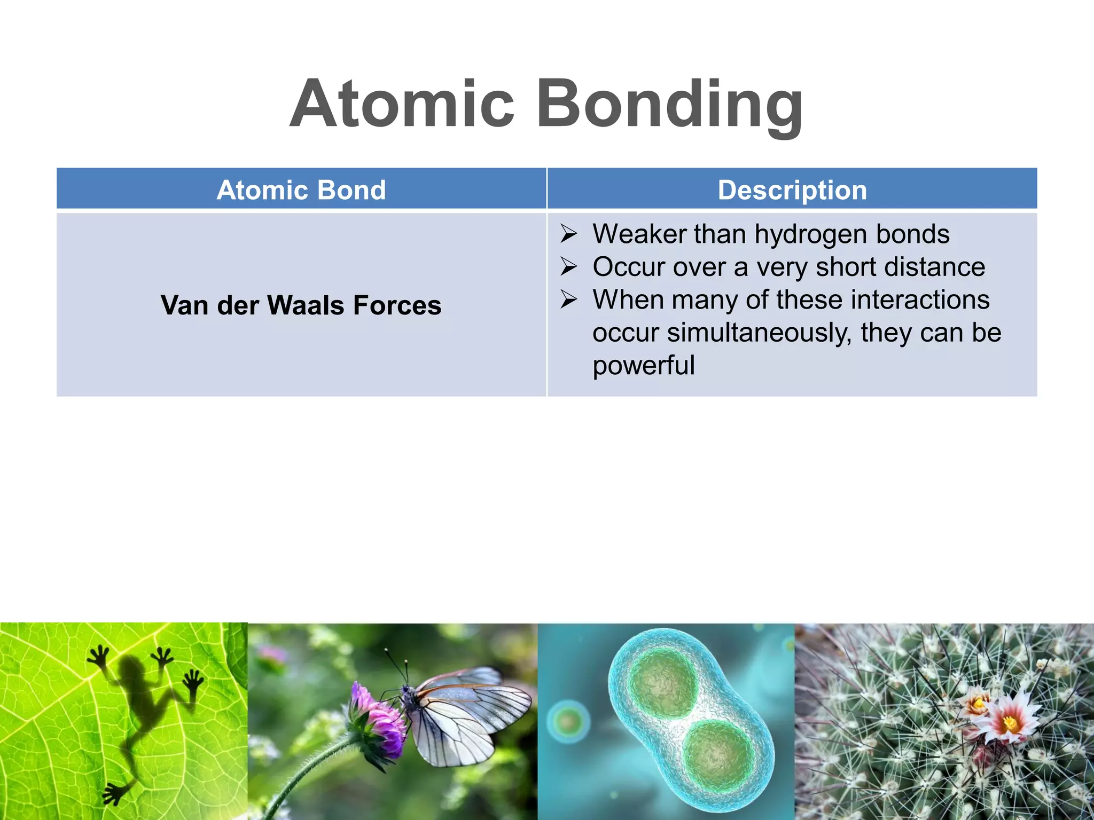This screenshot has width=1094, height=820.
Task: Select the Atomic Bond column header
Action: pos(301,190)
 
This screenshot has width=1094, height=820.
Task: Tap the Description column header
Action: pos(792,190)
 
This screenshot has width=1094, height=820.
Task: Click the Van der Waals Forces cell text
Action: pos(301,305)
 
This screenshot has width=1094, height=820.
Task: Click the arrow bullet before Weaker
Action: pos(568,234)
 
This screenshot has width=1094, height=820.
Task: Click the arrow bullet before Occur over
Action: pos(568,267)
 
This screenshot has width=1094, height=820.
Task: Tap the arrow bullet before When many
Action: pos(568,299)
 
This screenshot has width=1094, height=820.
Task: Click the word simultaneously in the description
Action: pos(759,333)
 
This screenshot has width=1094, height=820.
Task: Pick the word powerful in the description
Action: pos(643,366)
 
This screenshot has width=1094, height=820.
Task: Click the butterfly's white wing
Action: pos(470,715)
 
